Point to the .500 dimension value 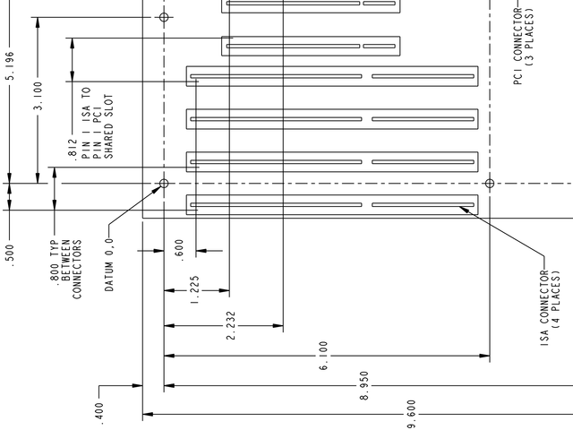click(10, 254)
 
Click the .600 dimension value click(180, 249)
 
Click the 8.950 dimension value click(364, 385)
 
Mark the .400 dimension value click(99, 410)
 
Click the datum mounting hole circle click(164, 184)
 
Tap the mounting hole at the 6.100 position click(489, 184)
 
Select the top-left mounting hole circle click(164, 17)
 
